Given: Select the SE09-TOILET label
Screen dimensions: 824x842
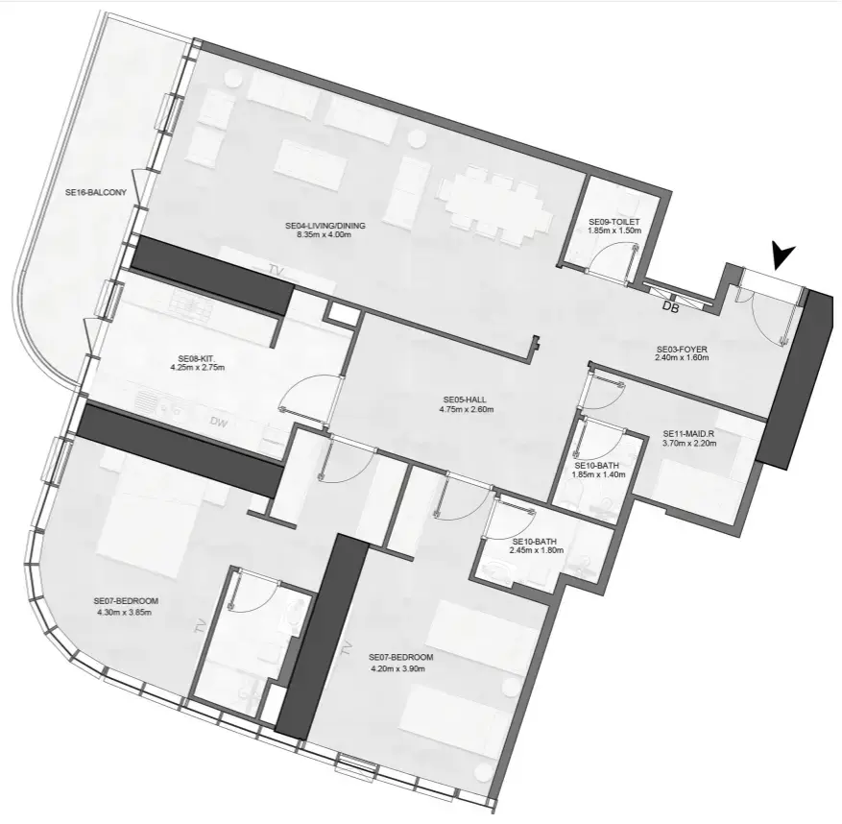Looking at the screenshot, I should tap(613, 222).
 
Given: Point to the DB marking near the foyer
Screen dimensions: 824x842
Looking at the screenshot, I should tap(671, 307).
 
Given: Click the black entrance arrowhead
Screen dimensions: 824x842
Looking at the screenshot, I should tap(785, 255).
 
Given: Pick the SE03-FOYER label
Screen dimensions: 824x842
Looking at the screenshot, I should tap(681, 349).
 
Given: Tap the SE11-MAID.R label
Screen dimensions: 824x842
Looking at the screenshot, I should tap(689, 433).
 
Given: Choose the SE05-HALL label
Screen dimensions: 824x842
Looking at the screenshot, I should tap(468, 400).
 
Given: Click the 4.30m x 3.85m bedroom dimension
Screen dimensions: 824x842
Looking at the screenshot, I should tap(126, 612).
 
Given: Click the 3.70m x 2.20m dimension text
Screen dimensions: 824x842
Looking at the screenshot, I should tap(689, 444).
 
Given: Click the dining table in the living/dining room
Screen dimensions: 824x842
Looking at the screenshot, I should tap(497, 203).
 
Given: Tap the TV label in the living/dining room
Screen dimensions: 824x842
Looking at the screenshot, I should tap(278, 268).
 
